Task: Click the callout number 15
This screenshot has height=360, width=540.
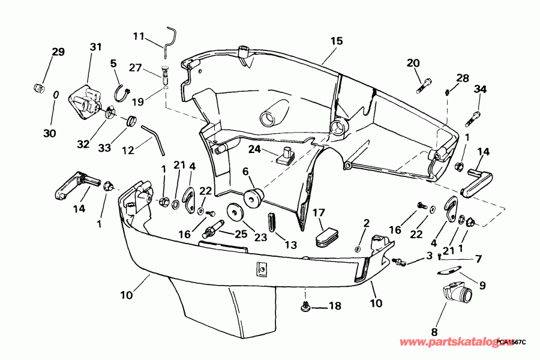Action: coord(336,41)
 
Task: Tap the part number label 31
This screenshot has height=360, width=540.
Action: coord(96,47)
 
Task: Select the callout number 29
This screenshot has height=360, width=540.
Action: coord(58,52)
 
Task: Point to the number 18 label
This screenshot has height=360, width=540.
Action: coord(334,306)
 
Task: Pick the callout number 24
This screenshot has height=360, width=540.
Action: coord(254,149)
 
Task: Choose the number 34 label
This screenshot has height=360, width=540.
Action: coord(480,89)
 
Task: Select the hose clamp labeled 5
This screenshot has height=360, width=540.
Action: coord(121,91)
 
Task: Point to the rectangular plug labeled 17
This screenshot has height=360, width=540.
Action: coord(327,235)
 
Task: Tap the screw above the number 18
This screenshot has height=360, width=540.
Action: coord(306,307)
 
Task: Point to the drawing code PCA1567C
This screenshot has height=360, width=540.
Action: coord(511,342)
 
